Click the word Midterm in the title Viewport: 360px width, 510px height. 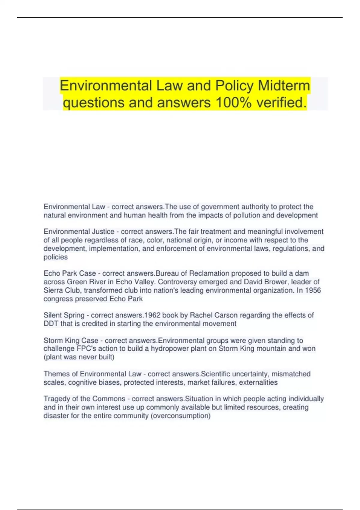(x=284, y=85)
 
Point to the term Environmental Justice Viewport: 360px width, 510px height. (x=79, y=232)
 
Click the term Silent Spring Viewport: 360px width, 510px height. (x=64, y=315)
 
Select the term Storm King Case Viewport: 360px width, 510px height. (x=71, y=340)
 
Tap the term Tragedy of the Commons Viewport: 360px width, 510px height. (x=84, y=399)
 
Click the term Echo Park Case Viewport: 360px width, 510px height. (x=70, y=274)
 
